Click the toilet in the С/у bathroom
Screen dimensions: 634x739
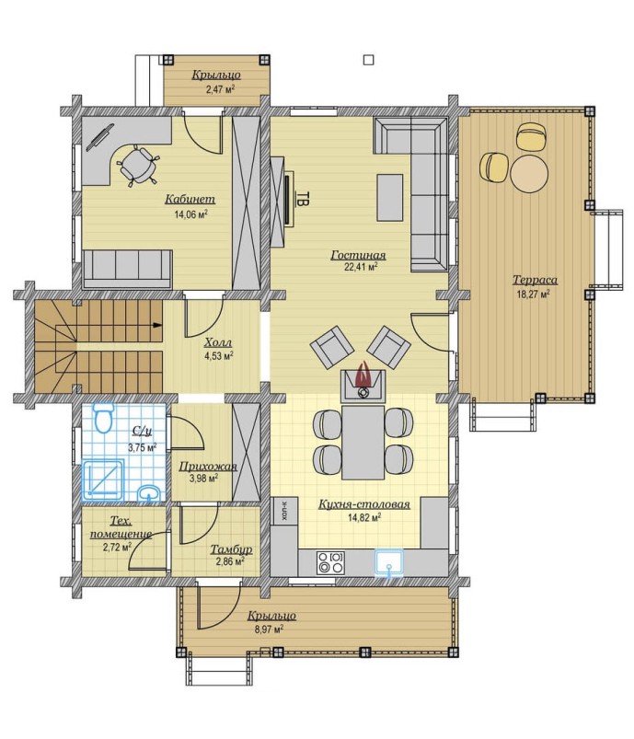point(103,417)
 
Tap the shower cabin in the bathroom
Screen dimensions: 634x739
point(103,479)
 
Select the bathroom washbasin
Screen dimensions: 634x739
point(149,493)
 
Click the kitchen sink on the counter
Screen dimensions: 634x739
point(389,562)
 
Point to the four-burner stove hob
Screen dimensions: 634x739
point(330,561)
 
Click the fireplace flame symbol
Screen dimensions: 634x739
point(363,375)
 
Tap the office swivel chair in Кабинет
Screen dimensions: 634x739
point(137,166)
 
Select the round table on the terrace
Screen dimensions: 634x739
point(529,172)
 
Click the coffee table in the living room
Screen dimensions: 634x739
point(390,197)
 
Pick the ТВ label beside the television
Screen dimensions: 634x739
point(305,198)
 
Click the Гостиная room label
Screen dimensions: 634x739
point(358,255)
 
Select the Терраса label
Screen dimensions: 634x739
point(535,280)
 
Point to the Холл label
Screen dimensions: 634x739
point(218,342)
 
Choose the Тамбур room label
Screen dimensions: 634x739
point(231,549)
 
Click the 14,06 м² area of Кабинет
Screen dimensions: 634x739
point(190,215)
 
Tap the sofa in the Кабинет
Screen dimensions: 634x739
point(127,269)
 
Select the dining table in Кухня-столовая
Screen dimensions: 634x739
point(363,442)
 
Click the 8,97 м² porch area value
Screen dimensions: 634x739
point(270,629)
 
